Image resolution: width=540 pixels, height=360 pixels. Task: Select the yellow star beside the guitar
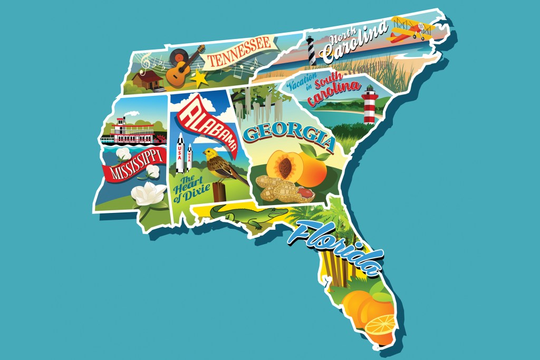199,79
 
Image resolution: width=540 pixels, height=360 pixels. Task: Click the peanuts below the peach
279,190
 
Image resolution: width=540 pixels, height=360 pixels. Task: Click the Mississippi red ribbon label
132,167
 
